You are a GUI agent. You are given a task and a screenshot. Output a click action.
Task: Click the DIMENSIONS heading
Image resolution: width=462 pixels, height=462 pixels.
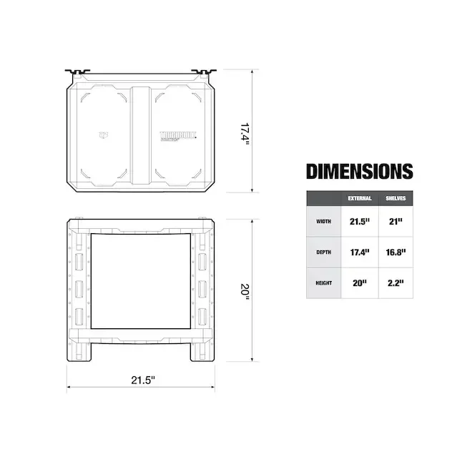point(359,172)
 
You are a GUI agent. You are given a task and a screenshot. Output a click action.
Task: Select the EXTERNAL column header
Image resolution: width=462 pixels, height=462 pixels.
point(359,198)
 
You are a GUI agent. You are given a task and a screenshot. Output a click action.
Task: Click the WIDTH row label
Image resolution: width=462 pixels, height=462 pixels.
point(323,222)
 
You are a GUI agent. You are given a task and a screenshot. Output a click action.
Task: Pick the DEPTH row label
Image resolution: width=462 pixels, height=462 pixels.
point(323,252)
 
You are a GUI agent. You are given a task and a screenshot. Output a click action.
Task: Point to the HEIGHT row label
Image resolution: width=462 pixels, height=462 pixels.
point(323,282)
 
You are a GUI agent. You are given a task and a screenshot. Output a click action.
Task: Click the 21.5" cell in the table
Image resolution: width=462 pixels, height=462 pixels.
point(359,222)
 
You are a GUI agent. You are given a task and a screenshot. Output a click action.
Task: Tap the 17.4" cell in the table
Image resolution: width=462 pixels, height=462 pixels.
point(359,252)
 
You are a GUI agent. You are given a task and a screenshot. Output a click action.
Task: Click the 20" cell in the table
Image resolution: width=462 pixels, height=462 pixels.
point(359,282)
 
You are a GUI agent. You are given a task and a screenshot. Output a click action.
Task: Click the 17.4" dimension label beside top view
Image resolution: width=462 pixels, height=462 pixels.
point(244,134)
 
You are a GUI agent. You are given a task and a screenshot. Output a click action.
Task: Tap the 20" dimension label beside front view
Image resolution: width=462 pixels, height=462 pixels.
point(244,291)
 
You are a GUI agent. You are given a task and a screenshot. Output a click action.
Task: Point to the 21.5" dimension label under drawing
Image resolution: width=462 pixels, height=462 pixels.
point(142,380)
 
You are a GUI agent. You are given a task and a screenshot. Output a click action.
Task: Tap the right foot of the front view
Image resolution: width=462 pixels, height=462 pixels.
point(202,350)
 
